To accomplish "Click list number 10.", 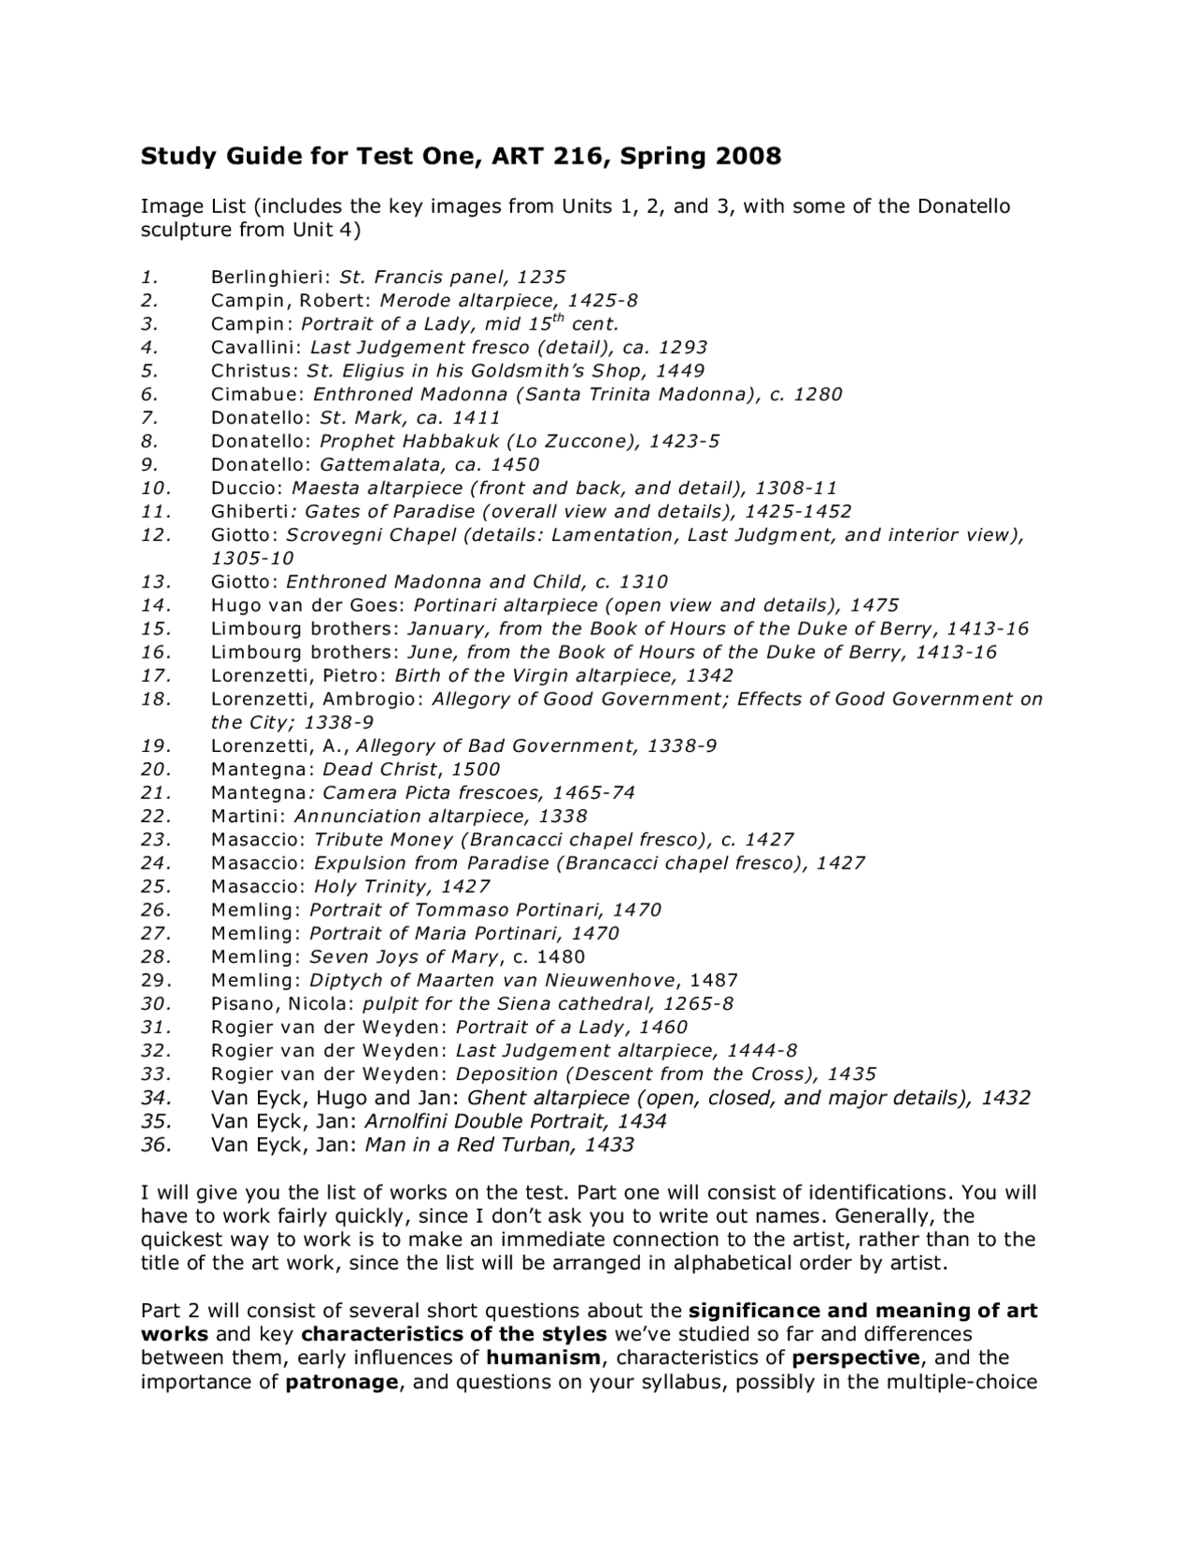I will pos(156,488).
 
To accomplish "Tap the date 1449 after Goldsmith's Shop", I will pos(680,370).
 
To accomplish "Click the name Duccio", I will pos(245,488).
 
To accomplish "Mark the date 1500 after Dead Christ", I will pos(475,769).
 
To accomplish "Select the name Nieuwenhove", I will pos(611,980).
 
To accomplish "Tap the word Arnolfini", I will pos(406,1121).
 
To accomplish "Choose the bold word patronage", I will pos(342,1381).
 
